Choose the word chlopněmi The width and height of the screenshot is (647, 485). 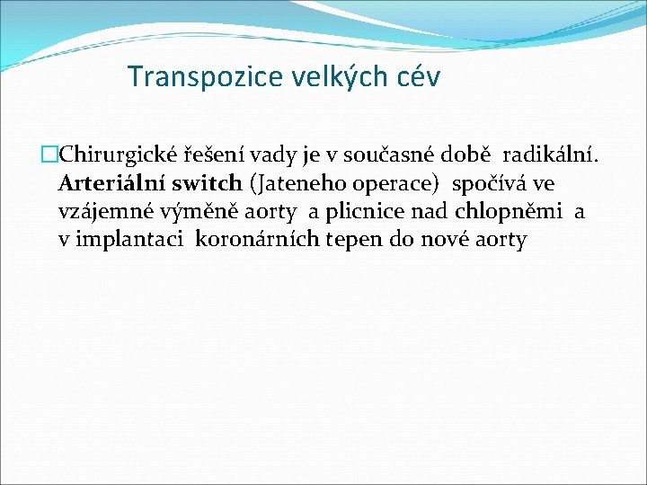pos(509,212)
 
